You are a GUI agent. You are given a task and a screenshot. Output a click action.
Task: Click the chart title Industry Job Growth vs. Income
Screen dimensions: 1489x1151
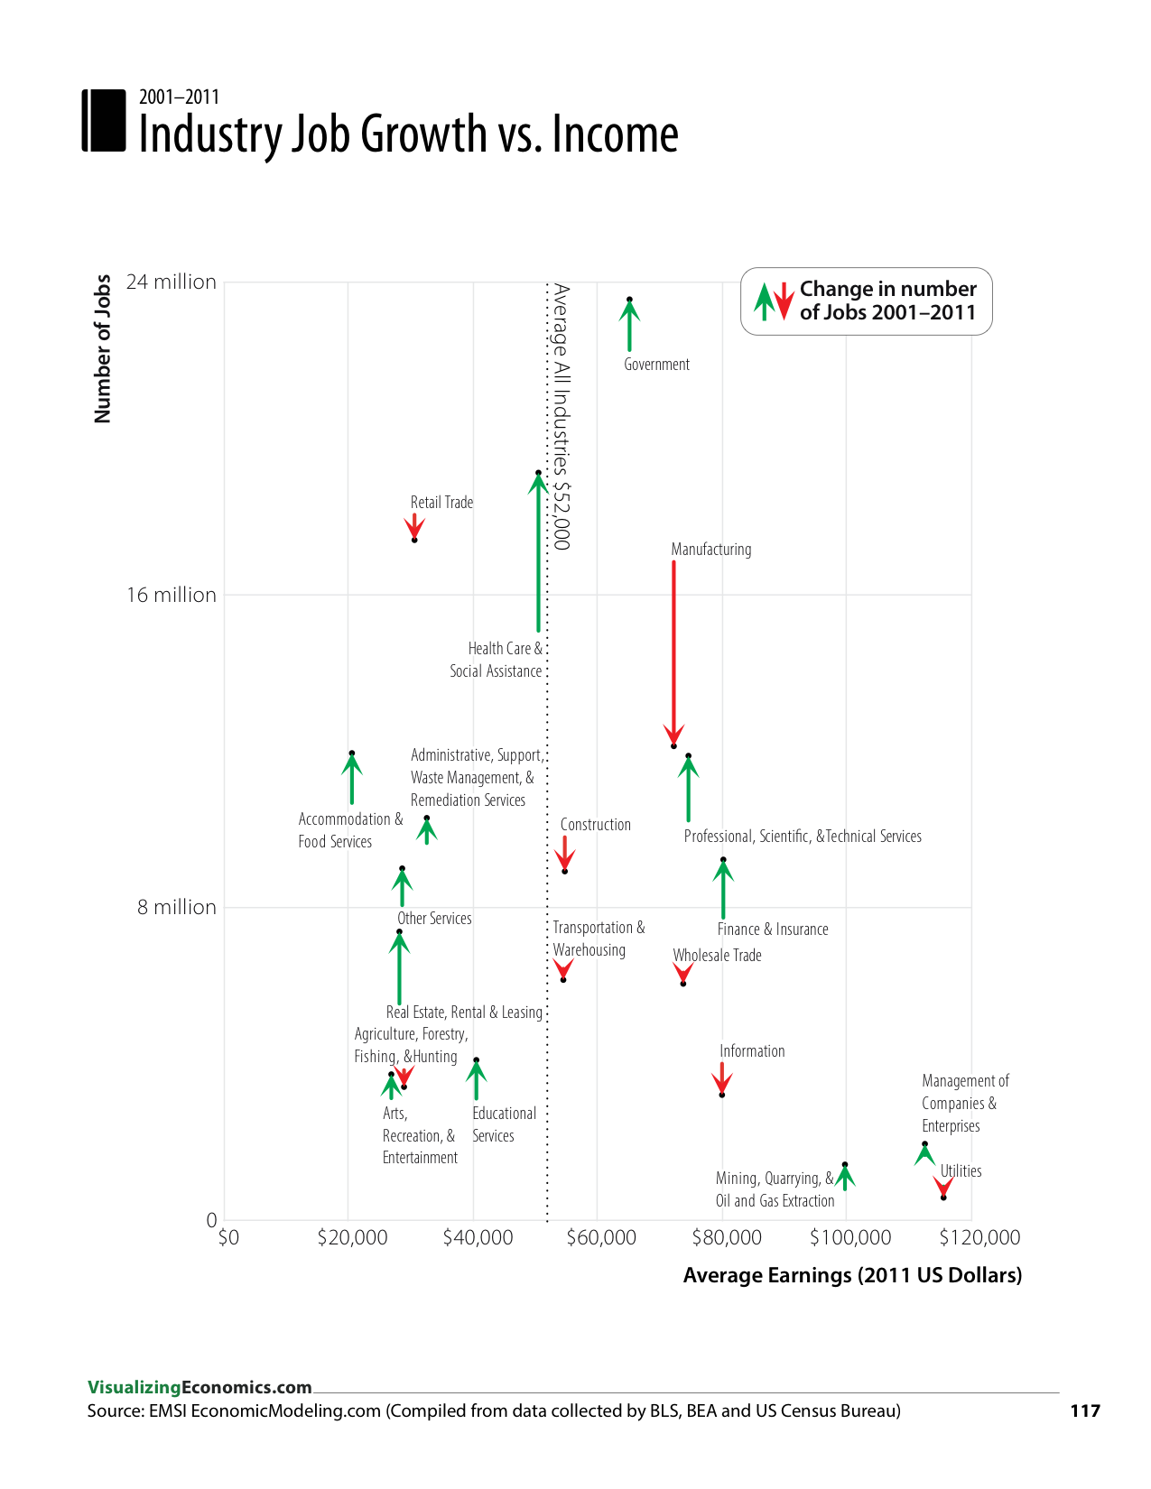(x=408, y=134)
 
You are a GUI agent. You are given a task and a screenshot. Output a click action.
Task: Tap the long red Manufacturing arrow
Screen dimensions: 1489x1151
(x=673, y=650)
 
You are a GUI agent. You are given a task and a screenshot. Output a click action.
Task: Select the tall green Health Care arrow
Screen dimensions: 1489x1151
(x=538, y=550)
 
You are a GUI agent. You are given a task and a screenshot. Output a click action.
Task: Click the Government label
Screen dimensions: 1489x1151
(x=656, y=365)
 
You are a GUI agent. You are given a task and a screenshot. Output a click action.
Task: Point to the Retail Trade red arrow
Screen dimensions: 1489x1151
(x=414, y=526)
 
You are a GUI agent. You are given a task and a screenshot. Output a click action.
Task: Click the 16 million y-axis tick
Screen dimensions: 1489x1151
(x=172, y=595)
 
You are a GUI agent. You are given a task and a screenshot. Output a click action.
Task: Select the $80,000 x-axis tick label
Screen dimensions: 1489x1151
(x=726, y=1237)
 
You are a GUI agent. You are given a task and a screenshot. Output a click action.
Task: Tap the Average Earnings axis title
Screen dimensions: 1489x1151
(x=852, y=1275)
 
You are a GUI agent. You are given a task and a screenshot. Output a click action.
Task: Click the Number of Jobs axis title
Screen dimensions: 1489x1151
(x=103, y=348)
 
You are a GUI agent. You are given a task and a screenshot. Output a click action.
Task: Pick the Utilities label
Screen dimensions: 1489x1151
(x=961, y=1171)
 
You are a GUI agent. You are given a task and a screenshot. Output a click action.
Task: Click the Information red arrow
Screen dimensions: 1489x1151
(x=721, y=1078)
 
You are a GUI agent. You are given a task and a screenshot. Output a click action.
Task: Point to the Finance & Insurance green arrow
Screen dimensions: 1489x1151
(x=723, y=889)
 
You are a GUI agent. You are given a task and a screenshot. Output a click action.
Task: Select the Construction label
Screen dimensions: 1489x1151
(x=595, y=825)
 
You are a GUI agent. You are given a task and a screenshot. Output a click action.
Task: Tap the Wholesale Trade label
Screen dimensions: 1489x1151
(x=717, y=956)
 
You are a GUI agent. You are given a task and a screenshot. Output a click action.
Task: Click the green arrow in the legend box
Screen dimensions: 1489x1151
(x=764, y=302)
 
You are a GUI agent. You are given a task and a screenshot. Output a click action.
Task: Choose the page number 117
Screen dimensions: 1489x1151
(x=1085, y=1410)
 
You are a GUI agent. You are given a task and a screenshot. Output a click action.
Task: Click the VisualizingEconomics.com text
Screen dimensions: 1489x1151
(x=200, y=1387)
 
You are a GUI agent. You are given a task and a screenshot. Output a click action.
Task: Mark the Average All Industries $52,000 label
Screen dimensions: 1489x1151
(x=562, y=417)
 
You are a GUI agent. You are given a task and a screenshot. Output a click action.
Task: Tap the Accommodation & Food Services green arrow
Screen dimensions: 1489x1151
(x=352, y=779)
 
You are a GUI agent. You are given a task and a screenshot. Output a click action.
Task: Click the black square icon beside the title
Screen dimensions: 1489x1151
(x=104, y=120)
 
